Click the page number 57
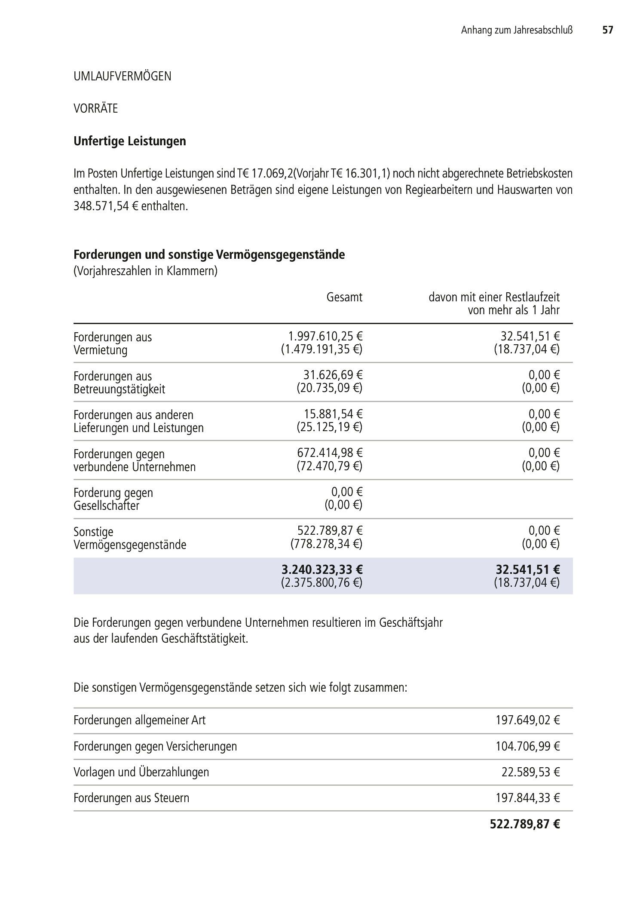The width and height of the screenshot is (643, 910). pos(607,30)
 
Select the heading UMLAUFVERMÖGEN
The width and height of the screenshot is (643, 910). pos(122,77)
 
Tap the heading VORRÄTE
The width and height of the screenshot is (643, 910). pos(95,108)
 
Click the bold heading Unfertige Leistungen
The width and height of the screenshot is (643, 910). pos(130,141)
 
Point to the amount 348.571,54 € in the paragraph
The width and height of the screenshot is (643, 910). pos(106,206)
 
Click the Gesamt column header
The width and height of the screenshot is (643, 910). pos(344,297)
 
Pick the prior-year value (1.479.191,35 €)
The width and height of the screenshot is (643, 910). pos(321,349)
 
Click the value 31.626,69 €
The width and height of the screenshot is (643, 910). pos(333,376)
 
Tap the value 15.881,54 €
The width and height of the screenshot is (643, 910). pos(333,414)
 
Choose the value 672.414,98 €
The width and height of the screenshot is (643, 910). pos(330,453)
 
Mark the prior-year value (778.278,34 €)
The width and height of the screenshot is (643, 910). pos(326,544)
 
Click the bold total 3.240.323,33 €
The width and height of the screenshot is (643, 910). pos(322,570)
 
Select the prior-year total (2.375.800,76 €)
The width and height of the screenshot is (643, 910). pos(321,583)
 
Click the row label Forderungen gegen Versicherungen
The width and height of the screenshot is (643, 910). pos(155,746)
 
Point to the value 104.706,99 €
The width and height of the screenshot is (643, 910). pos(527,746)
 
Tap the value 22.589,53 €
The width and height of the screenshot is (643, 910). pos(530,772)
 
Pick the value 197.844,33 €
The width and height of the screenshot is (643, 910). pos(527,798)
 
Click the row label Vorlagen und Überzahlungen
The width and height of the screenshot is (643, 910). pos(141,772)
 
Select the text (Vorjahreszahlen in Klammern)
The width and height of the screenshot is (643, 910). pos(145,272)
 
